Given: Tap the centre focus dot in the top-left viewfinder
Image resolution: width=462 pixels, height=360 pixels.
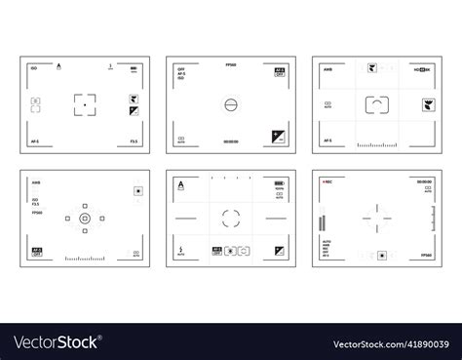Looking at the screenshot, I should pos(85,102).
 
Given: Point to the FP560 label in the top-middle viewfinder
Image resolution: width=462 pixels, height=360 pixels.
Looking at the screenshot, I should pos(230,64).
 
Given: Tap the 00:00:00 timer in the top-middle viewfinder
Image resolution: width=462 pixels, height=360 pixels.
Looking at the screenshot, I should pos(230,140).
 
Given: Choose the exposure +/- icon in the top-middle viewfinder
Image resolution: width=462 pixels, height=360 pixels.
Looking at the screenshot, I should pos(277,134).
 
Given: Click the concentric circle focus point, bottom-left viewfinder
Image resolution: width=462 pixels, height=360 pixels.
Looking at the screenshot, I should pos(85,220).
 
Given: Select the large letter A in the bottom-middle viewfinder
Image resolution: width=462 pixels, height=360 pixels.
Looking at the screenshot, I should pos(182,182).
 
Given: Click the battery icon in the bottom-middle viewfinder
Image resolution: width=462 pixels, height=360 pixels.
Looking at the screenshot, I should pos(280,182).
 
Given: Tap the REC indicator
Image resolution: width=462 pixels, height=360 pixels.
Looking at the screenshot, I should pos(327,181).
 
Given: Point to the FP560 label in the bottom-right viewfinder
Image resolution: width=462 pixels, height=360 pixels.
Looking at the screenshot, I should pos(426,255).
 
